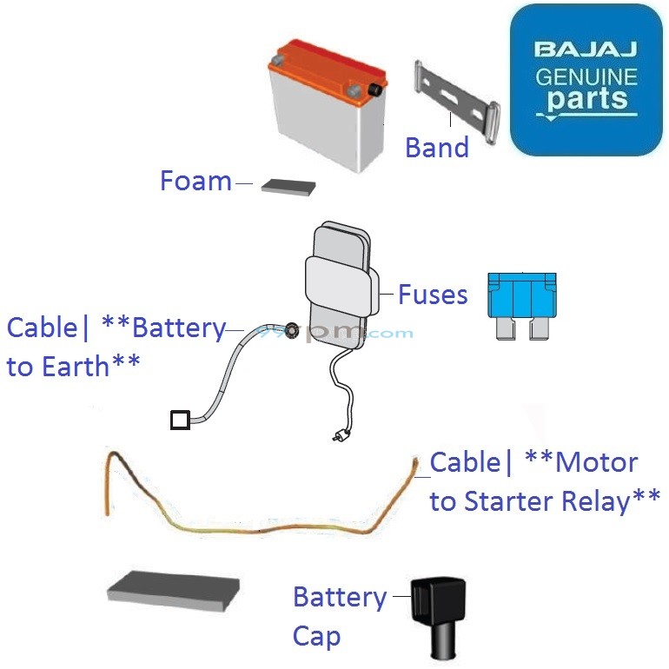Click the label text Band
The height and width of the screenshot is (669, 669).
coord(437,148)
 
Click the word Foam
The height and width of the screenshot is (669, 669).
coord(195,182)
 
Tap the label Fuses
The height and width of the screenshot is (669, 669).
coord(433,295)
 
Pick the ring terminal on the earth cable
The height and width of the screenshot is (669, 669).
coord(293,329)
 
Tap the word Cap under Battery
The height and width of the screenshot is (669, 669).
coord(316,636)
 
